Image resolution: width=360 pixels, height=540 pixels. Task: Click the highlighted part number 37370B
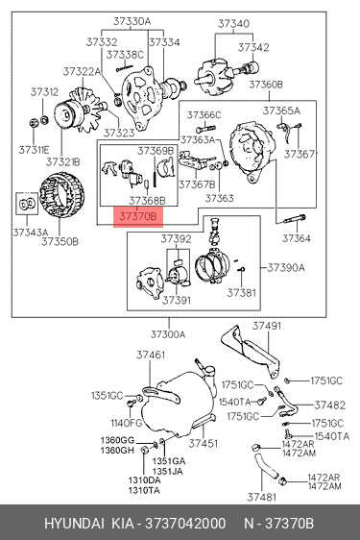point(138,216)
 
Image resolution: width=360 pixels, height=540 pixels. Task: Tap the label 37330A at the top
point(132,21)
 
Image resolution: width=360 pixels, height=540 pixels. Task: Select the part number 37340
point(233,24)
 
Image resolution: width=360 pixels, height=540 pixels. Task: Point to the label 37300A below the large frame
point(168,334)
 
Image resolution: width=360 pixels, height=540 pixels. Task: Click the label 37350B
point(60,242)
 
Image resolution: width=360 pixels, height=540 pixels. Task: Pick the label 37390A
point(286,267)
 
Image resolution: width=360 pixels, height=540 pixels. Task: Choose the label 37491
point(267,326)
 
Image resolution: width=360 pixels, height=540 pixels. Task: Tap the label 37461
point(151,355)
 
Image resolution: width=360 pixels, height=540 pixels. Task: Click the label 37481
point(262,497)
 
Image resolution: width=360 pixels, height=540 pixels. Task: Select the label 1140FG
point(127,423)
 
